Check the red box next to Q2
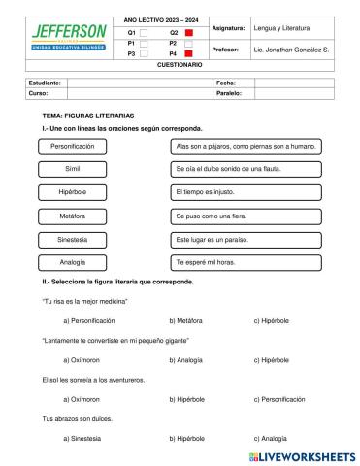pyautogui.click(x=189, y=32)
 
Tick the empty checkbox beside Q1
pyautogui.click(x=145, y=32)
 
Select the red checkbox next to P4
pyautogui.click(x=189, y=54)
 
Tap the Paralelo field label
pyautogui.click(x=228, y=94)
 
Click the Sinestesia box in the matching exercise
pyautogui.click(x=73, y=239)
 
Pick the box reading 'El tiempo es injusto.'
pyautogui.click(x=246, y=192)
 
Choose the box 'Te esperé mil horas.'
pyautogui.click(x=246, y=262)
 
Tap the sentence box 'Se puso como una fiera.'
pyautogui.click(x=246, y=216)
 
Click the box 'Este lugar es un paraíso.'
pyautogui.click(x=246, y=239)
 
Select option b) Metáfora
pyautogui.click(x=185, y=320)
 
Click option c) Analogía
pyautogui.click(x=276, y=438)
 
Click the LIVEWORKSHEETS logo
pyautogui.click(x=302, y=454)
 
